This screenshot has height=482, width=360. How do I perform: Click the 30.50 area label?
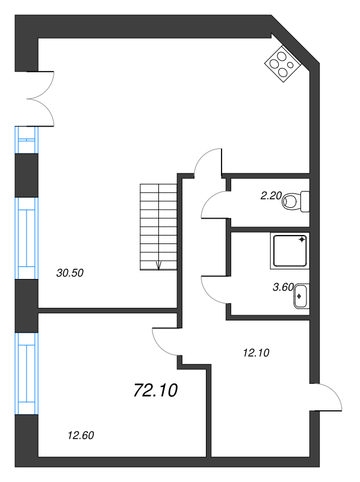70,273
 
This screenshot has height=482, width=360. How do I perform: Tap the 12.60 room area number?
81,435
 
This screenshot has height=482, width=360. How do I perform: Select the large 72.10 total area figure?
156,390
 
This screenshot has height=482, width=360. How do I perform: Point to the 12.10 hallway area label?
256,352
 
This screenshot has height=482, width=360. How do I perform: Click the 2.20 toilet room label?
271,195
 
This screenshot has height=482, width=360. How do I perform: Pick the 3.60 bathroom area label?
283,287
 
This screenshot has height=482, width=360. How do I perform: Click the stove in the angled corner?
282,64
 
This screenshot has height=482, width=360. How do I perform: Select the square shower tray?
290,251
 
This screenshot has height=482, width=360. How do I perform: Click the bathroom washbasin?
301,296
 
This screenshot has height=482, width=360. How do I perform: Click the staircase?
158,227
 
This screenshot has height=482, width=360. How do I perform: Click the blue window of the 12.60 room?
26,374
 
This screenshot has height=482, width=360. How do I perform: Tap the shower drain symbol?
302,239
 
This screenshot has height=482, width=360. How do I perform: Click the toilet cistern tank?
305,202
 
